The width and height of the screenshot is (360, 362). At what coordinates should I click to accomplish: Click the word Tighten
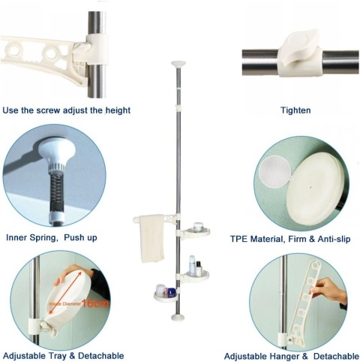point(295,110)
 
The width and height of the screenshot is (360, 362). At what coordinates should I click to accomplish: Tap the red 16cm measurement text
point(95,303)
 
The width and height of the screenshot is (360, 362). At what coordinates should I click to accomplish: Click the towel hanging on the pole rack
point(151,238)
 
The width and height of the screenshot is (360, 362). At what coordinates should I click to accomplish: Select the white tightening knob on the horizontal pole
point(299,53)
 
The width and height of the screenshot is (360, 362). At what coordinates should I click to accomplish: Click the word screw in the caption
point(49,110)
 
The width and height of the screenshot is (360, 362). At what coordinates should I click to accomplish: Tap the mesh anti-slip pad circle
point(275,172)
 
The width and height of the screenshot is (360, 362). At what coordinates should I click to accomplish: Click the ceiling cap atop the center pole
point(178,64)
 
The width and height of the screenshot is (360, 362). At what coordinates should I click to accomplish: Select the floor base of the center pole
point(178,318)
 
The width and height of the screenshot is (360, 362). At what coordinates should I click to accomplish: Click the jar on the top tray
point(198,226)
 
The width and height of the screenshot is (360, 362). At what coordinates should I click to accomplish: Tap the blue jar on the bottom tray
point(171,292)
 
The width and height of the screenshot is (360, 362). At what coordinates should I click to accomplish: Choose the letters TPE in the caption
point(238,239)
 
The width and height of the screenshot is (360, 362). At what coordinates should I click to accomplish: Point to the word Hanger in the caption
point(285,356)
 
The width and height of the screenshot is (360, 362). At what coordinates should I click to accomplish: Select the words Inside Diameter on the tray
point(64,303)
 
